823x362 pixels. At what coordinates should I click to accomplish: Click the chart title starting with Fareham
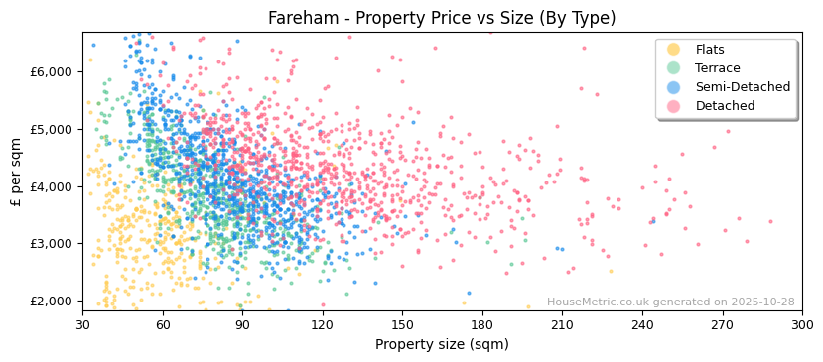442,18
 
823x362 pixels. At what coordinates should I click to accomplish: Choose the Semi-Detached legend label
743,87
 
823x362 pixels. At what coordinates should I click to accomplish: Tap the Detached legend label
725,106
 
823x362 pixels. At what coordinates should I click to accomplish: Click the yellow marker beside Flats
674,50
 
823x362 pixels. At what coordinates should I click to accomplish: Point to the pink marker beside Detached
674,106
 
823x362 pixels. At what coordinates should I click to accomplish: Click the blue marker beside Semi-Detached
674,87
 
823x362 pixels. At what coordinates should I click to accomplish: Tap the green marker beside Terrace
674,68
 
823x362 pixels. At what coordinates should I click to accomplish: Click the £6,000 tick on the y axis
53,71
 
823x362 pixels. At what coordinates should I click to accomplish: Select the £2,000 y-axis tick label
53,301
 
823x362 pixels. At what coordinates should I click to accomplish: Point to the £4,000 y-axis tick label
53,186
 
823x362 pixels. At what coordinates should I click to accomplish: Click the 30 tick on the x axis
82,324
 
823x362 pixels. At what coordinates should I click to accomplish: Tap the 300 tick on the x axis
801,324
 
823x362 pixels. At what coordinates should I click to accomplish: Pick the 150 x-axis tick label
402,324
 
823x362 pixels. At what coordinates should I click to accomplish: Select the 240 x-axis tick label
642,324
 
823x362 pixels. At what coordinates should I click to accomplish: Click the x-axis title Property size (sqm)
442,344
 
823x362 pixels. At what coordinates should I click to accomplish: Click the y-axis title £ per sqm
16,172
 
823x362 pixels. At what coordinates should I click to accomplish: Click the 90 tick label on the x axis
242,324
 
